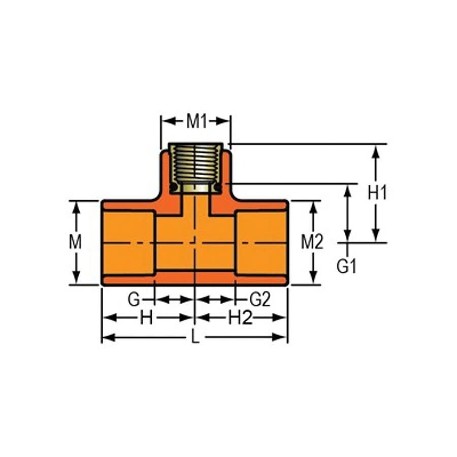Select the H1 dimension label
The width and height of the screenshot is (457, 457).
tap(377, 193)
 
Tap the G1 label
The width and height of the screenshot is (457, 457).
tap(347, 267)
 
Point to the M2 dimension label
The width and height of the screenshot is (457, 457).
tap(312, 243)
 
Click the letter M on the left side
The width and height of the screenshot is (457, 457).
tap(76, 242)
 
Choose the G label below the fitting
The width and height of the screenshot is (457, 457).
tap(134, 300)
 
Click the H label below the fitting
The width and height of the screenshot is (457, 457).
tap(146, 318)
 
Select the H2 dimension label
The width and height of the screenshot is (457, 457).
tap(240, 318)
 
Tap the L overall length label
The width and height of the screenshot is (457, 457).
tap(195, 338)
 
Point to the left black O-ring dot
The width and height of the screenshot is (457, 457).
tap(174, 187)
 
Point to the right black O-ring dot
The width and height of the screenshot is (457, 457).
tap(217, 187)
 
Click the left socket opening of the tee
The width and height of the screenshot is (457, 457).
tap(128, 243)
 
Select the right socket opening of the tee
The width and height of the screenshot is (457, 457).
tap(262, 243)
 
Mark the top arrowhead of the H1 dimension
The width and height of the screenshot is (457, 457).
tap(376, 150)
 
